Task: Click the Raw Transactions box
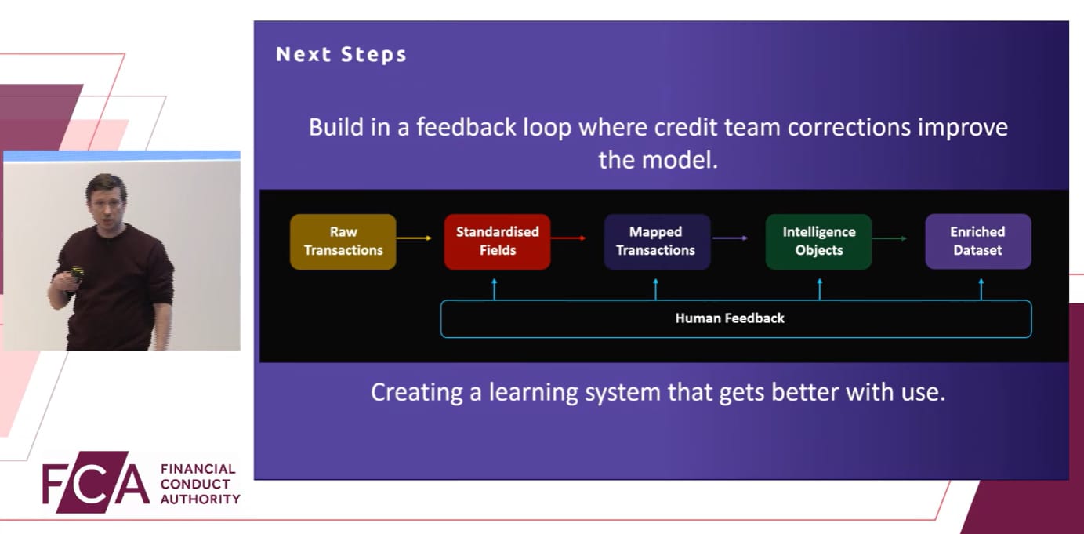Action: [343, 242]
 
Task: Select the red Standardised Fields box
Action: [497, 242]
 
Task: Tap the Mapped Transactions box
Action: [656, 242]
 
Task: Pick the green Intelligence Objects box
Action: [818, 242]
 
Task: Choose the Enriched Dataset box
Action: [977, 242]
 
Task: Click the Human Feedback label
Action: [730, 318]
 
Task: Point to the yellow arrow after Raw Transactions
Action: [414, 238]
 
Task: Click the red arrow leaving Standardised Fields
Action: [568, 238]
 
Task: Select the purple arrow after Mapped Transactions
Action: [730, 238]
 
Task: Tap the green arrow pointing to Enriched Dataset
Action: [890, 238]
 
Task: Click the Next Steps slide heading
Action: [341, 55]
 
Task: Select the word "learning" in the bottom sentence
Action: [534, 391]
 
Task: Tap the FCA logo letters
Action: [95, 483]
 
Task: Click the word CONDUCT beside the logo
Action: [196, 484]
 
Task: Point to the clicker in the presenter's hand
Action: [78, 273]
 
